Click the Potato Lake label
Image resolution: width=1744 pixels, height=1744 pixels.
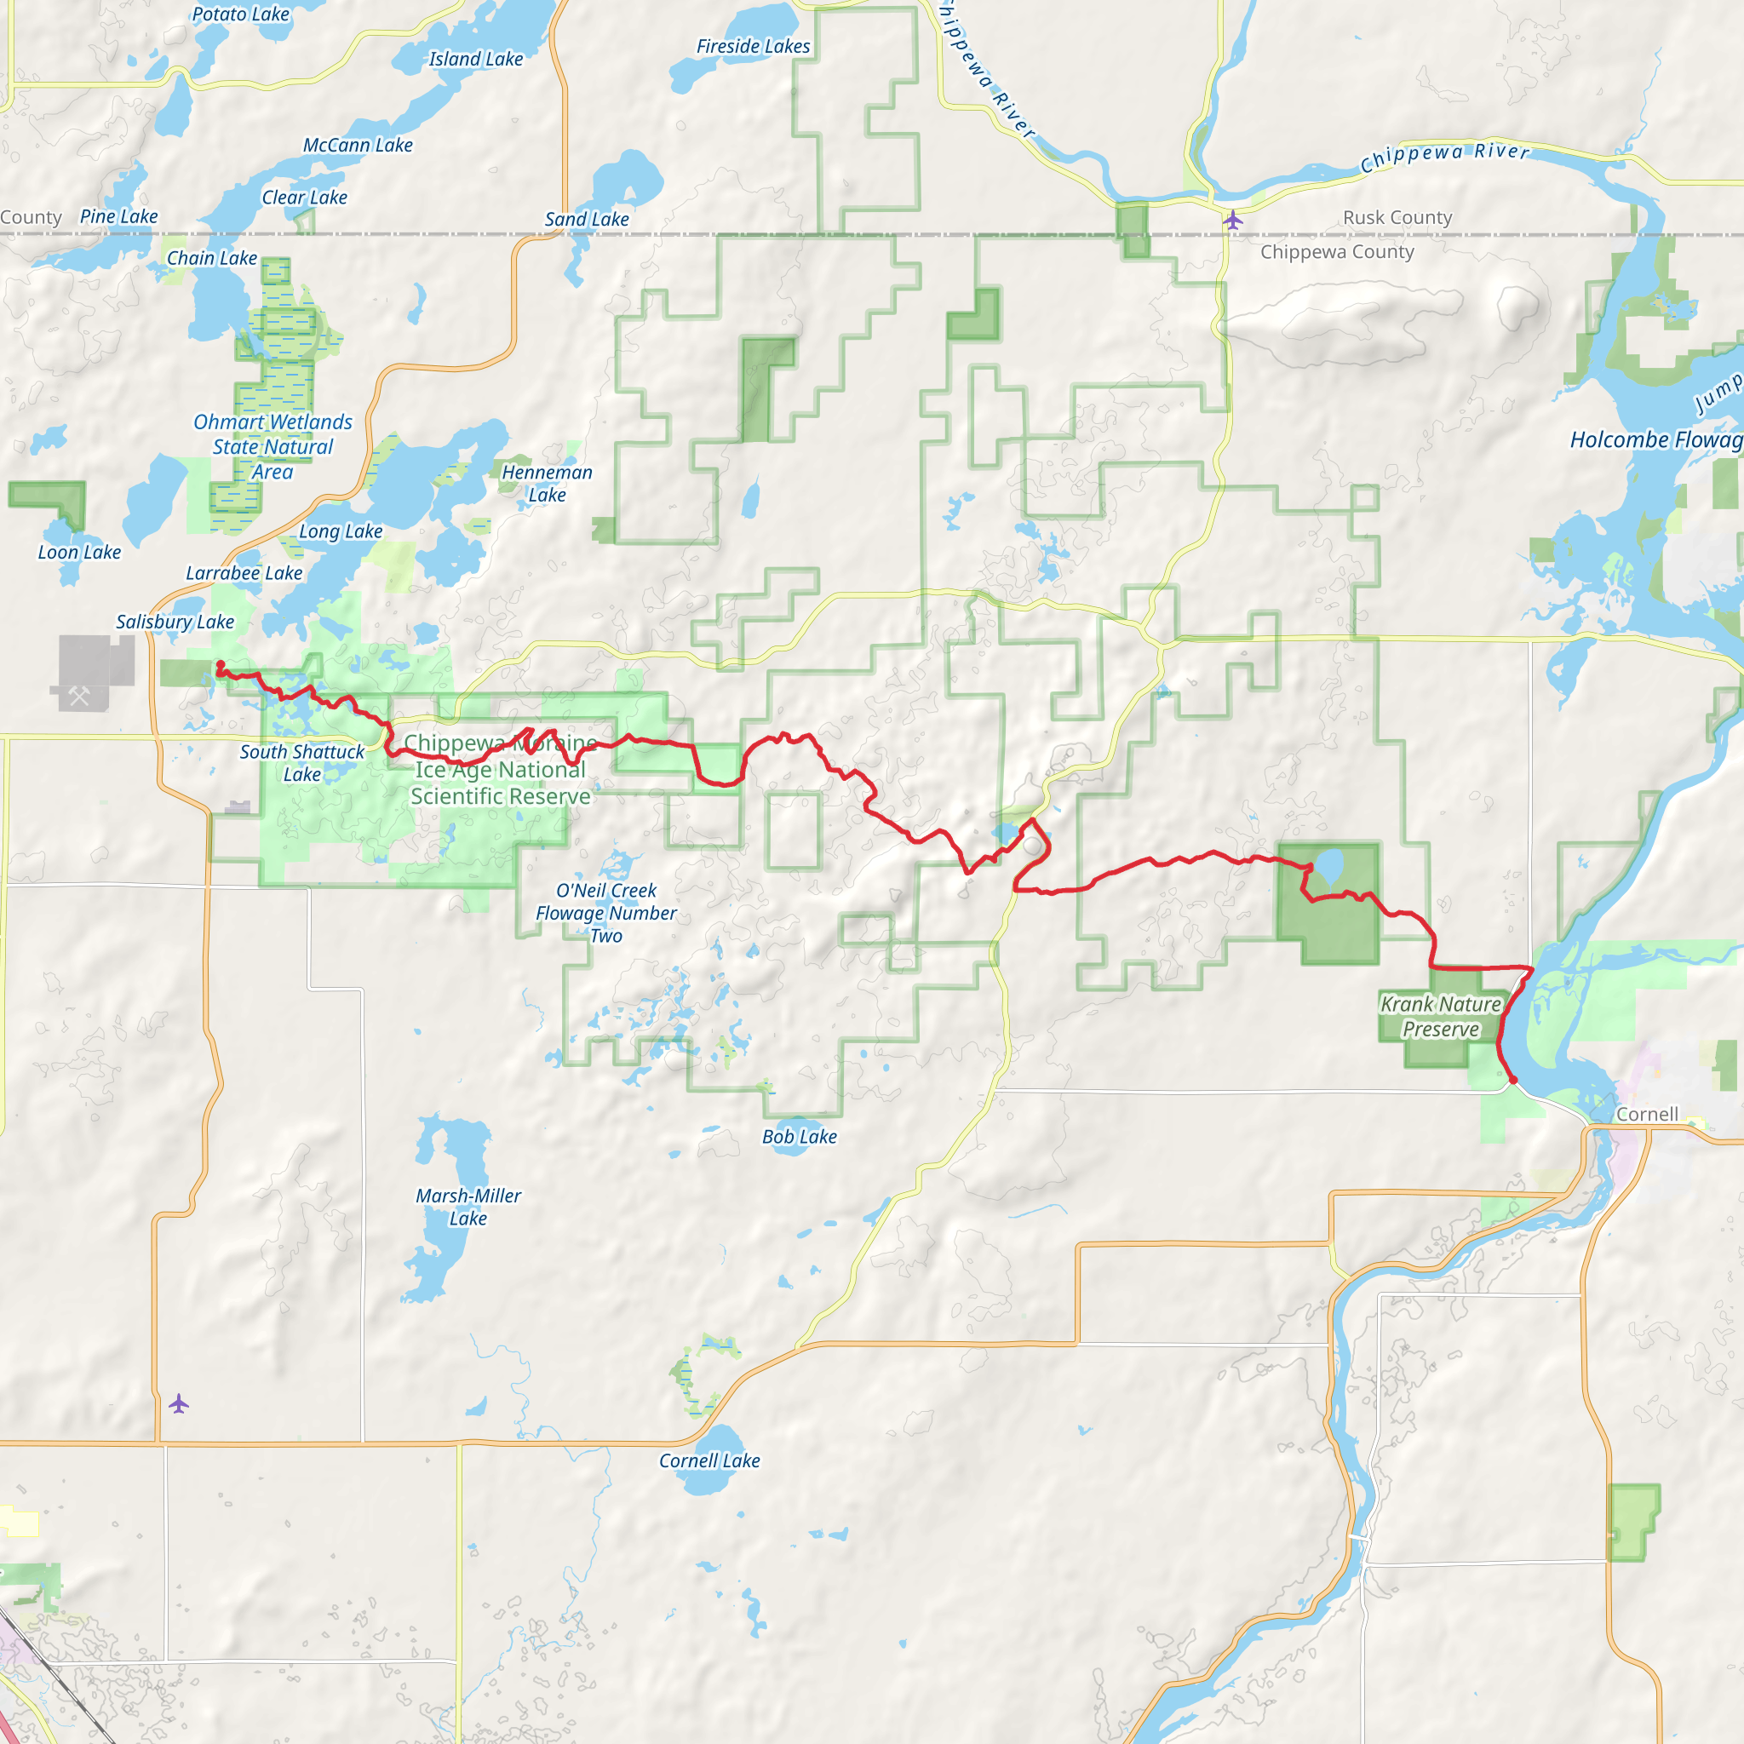point(240,14)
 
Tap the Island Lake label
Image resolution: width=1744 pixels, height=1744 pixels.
point(476,60)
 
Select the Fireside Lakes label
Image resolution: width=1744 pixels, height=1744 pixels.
point(753,47)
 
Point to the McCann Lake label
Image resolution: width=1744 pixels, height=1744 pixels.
point(358,146)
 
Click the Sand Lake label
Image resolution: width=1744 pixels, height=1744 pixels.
point(587,220)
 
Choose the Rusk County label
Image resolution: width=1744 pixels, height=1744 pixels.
point(1397,217)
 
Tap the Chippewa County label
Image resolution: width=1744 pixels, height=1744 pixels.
point(1337,252)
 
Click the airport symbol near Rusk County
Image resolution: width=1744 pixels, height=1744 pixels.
point(1233,220)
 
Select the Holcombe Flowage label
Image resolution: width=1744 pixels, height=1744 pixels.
point(1655,439)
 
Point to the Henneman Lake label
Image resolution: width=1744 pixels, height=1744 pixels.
point(547,483)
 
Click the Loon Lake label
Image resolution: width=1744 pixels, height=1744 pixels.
point(79,553)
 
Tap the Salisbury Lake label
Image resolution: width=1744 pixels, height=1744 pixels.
point(175,622)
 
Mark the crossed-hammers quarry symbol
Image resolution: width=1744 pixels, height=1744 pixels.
point(79,695)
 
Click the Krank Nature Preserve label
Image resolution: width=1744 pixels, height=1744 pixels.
point(1441,1017)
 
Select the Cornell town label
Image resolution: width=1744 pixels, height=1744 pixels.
point(1647,1114)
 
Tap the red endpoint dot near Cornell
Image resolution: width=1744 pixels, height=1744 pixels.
point(1513,1080)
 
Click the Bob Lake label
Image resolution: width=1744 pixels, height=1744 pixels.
point(799,1138)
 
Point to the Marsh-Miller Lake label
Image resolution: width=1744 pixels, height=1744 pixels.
point(468,1207)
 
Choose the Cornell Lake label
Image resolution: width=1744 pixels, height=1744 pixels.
point(709,1460)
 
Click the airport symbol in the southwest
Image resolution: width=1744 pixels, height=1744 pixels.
point(179,1403)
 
